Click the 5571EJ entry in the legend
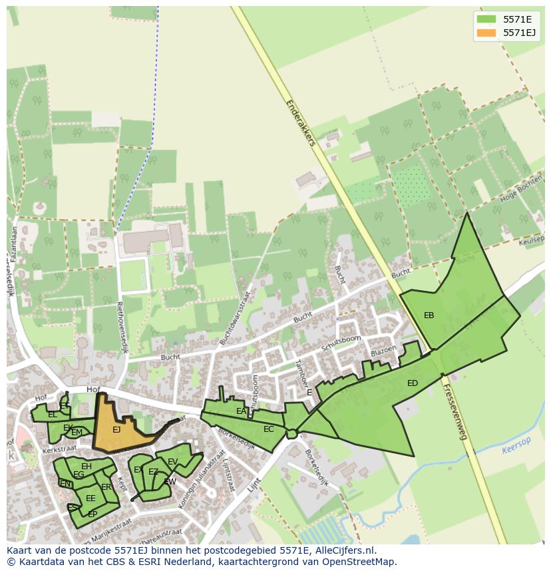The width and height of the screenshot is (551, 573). (519, 33)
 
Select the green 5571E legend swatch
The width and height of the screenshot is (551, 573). (486, 19)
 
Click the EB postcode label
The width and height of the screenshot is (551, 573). (429, 315)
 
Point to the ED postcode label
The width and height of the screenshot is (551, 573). (413, 383)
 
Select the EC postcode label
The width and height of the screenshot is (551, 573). (268, 429)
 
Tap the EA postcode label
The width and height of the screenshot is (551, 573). (241, 411)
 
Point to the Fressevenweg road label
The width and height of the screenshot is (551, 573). (455, 412)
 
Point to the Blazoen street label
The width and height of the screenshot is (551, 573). (383, 350)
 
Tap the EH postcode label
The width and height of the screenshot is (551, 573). (87, 467)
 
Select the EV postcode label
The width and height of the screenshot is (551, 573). (172, 462)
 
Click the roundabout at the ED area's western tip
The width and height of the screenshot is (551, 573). (291, 435)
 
